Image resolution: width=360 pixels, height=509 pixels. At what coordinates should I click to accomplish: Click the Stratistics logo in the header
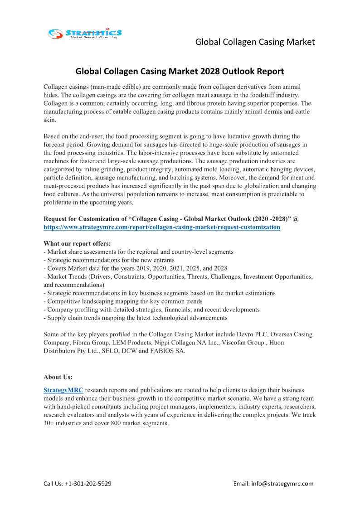point(85,33)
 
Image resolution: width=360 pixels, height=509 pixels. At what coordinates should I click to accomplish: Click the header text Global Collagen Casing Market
point(255,42)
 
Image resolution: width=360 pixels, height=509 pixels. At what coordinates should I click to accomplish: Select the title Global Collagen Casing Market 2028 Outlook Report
point(180,71)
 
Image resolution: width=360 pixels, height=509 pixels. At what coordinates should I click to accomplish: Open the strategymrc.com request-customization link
point(162,227)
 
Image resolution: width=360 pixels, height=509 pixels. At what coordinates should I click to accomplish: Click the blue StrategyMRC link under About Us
point(63,390)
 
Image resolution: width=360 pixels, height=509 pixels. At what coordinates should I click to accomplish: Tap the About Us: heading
point(58,377)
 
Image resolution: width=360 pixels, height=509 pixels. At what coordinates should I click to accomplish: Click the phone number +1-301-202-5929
point(88,484)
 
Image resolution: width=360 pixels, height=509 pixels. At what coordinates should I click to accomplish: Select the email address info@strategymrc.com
point(286,484)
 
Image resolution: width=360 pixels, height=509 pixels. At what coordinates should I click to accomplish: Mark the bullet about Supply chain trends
point(136,318)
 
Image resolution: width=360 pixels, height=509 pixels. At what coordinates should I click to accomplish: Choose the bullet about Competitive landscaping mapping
point(123,301)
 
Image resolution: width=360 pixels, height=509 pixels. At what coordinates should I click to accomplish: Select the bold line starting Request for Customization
point(171,219)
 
